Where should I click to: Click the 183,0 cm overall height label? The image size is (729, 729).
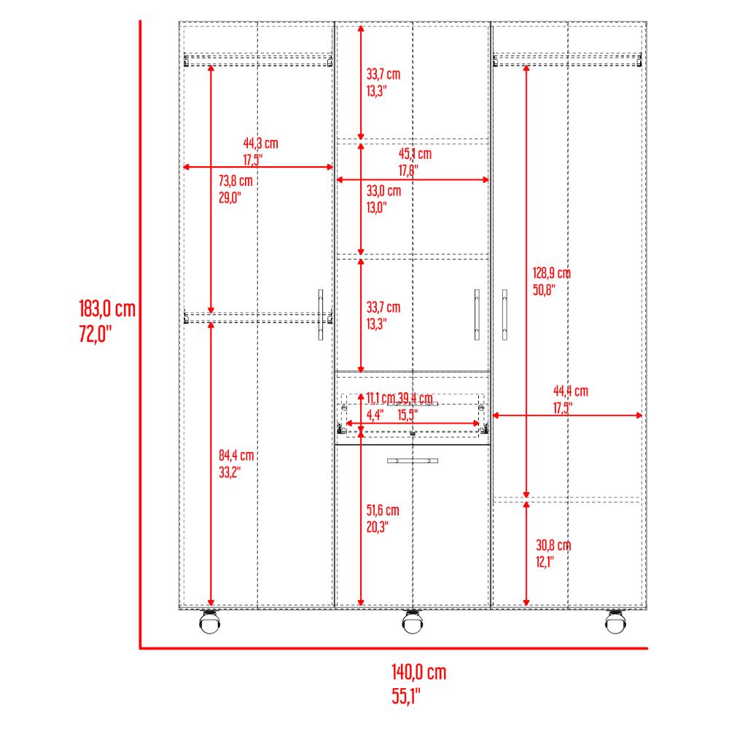tap(107, 308)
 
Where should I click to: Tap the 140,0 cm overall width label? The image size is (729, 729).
tap(419, 672)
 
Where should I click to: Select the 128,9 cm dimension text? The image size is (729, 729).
tap(552, 273)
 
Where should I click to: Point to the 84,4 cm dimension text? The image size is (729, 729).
tap(236, 455)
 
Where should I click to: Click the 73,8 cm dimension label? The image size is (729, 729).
tap(235, 180)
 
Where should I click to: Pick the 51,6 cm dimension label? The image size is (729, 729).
tap(383, 510)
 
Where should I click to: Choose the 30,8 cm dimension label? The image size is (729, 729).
tap(553, 545)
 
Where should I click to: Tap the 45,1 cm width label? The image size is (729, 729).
tap(415, 154)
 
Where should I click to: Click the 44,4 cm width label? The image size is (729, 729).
tap(571, 391)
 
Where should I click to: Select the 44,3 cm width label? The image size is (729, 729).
tap(260, 143)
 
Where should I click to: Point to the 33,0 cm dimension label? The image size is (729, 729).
tap(383, 190)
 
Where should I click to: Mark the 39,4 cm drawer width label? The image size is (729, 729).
tap(416, 399)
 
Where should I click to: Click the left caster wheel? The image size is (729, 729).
tap(210, 621)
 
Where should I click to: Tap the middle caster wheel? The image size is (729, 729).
tap(413, 621)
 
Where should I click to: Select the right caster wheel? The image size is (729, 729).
tap(615, 621)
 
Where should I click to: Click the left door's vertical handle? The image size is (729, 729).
tap(320, 315)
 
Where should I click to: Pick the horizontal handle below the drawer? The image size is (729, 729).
tap(413, 461)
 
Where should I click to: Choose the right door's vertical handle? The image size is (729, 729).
tap(505, 315)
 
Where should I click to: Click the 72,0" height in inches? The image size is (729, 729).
tap(95, 334)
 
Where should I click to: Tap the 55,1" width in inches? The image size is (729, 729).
tap(405, 696)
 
